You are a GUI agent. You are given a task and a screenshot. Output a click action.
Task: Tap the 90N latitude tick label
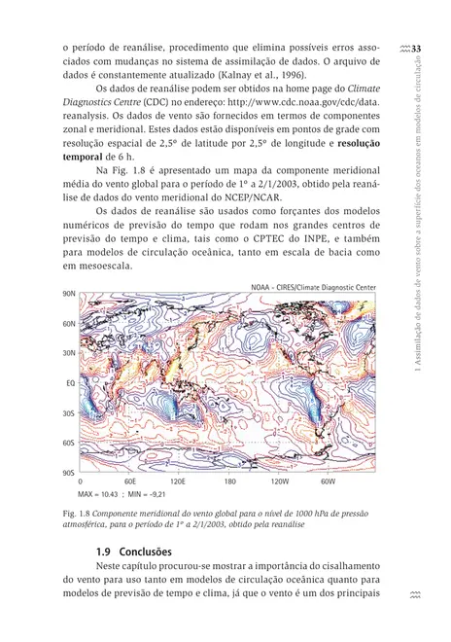click(x=68, y=293)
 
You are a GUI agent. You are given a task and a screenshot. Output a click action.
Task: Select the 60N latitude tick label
click(x=68, y=323)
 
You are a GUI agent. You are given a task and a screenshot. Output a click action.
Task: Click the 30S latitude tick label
click(x=68, y=412)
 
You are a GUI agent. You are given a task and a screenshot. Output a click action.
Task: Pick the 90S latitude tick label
click(x=68, y=472)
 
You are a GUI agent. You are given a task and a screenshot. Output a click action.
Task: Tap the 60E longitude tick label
click(x=130, y=481)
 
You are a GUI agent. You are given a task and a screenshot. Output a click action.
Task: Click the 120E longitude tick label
click(x=178, y=481)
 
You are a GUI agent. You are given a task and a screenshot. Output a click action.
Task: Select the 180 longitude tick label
click(x=229, y=481)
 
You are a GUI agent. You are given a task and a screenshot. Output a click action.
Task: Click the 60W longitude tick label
click(x=328, y=481)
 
